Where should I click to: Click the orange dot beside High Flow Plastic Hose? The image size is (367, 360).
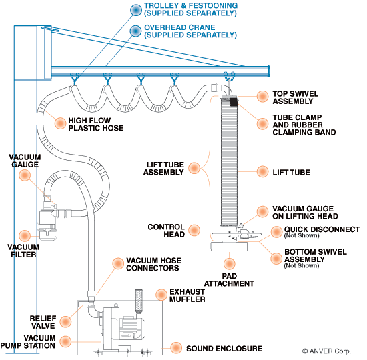(60, 123)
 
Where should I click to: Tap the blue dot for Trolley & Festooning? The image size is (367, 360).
(135, 10)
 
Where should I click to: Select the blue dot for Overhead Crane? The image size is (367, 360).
(135, 31)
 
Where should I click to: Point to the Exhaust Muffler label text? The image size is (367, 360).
(188, 295)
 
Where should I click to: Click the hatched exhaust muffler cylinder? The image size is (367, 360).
(139, 301)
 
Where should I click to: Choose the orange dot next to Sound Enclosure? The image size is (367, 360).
(176, 347)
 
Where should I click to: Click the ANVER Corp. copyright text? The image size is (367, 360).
(326, 351)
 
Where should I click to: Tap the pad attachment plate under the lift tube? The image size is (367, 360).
(229, 247)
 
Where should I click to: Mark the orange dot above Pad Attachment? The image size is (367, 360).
(229, 263)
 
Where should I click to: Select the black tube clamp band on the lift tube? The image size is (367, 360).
(234, 102)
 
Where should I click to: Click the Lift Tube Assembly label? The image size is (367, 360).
(164, 169)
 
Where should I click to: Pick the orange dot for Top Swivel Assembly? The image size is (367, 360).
(262, 96)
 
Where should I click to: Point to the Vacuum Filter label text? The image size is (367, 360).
(23, 251)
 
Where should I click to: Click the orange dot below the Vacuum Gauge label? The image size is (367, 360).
(25, 175)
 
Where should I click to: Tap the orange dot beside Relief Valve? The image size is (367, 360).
(65, 322)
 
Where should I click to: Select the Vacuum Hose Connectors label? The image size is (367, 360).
(153, 264)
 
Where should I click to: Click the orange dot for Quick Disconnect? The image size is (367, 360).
(276, 232)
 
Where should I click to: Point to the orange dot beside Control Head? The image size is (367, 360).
(194, 230)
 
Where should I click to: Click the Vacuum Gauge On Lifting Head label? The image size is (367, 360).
(305, 213)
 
